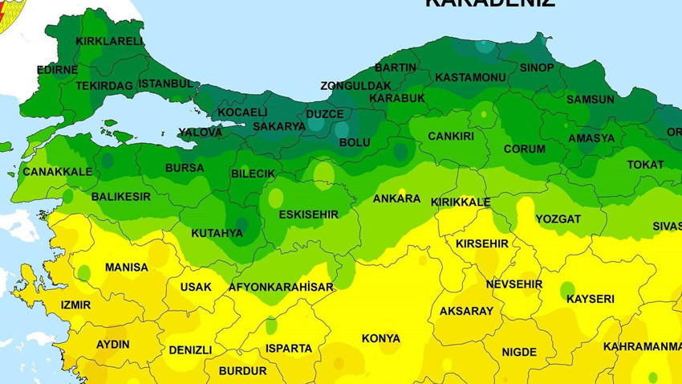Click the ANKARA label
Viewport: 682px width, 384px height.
pyautogui.click(x=396, y=198)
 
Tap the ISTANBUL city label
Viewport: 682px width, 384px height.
pyautogui.click(x=165, y=84)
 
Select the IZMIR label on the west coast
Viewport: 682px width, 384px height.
pyautogui.click(x=75, y=305)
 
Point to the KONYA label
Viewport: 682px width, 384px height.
pyautogui.click(x=380, y=338)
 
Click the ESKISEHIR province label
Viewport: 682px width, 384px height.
pyautogui.click(x=309, y=214)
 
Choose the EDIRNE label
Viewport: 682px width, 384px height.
pyautogui.click(x=57, y=70)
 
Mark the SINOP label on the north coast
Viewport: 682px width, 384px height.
pyautogui.click(x=537, y=67)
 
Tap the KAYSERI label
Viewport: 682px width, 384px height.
pyautogui.click(x=590, y=299)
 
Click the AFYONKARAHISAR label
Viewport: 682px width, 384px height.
pyautogui.click(x=281, y=287)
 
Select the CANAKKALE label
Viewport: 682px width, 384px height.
pyautogui.click(x=57, y=172)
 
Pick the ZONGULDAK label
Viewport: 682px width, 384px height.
pyautogui.click(x=355, y=85)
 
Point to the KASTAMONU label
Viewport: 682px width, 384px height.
pyautogui.click(x=470, y=77)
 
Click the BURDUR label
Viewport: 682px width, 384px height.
pyautogui.click(x=242, y=371)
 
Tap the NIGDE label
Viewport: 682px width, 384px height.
pyautogui.click(x=519, y=352)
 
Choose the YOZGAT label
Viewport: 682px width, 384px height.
pyautogui.click(x=558, y=219)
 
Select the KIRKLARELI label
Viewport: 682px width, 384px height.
pyautogui.click(x=109, y=41)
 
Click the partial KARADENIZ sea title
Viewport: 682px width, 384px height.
pyautogui.click(x=489, y=3)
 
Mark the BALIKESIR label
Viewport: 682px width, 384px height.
pyautogui.click(x=120, y=197)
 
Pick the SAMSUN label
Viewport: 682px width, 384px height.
pyautogui.click(x=590, y=100)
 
